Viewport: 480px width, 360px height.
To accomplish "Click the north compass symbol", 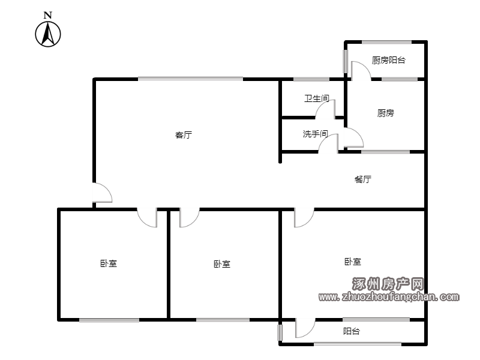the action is pyautogui.click(x=48, y=34).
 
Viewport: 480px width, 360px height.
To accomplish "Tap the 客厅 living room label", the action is pyautogui.click(x=184, y=134).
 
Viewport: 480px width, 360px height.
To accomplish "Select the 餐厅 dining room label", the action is pyautogui.click(x=363, y=179).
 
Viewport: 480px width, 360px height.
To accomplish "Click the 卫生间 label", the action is pyautogui.click(x=317, y=98).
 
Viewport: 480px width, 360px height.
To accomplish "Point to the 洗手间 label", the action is pyautogui.click(x=316, y=134).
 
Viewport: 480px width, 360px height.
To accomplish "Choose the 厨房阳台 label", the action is pyautogui.click(x=388, y=60).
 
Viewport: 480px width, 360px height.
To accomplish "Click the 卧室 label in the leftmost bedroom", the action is pyautogui.click(x=109, y=263).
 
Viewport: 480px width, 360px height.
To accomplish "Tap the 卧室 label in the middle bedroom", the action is pyautogui.click(x=222, y=264).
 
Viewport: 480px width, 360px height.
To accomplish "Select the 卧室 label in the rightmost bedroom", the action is pyautogui.click(x=353, y=262).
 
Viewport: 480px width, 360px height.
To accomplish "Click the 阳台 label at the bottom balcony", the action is pyautogui.click(x=352, y=331).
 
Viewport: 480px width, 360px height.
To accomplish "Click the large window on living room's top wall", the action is pyautogui.click(x=190, y=79).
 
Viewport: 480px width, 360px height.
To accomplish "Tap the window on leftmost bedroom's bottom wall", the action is pyautogui.click(x=109, y=320).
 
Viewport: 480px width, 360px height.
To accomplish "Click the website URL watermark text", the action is pyautogui.click(x=389, y=296).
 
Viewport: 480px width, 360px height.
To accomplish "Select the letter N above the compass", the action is pyautogui.click(x=48, y=14).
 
